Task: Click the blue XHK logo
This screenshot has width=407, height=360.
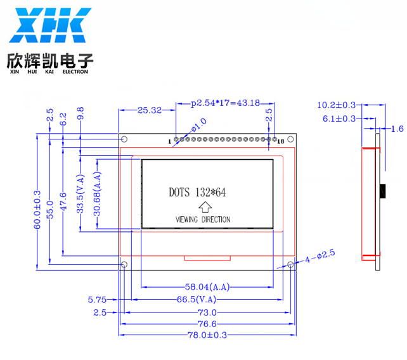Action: pos(50,25)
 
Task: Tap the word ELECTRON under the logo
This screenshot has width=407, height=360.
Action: pos(75,72)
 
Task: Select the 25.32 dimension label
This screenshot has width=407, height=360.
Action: pos(150,110)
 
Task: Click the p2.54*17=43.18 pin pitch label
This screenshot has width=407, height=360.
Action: pos(225,103)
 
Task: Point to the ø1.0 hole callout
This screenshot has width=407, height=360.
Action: pos(199,125)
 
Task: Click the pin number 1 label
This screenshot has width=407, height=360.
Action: pos(170,142)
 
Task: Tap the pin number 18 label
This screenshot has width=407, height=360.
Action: pos(281,141)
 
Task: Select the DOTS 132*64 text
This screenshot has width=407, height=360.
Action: pos(197,192)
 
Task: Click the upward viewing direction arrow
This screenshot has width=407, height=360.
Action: pos(205,207)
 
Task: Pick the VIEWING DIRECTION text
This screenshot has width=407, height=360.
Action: pos(203,219)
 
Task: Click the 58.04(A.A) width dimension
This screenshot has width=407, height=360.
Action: pos(207,287)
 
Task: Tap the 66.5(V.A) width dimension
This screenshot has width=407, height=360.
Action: pos(197,300)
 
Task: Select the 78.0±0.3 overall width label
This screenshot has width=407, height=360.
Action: pos(207,335)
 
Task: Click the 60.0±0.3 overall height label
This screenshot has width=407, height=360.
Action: pos(37,210)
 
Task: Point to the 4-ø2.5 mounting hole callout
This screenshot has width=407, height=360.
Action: pos(320,256)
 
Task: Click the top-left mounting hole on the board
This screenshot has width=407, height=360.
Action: pos(124,139)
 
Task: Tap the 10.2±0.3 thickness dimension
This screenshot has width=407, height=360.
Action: pos(336,105)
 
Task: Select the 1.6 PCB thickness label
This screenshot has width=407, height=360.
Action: pos(397,129)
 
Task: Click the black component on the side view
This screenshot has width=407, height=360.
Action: pos(383,191)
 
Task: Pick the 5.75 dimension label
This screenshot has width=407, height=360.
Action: pos(97,300)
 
